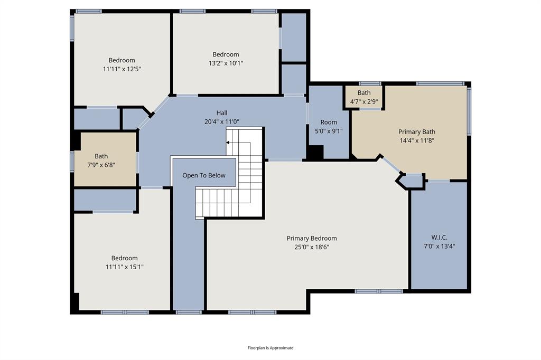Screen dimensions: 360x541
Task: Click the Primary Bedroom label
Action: [x=311, y=238]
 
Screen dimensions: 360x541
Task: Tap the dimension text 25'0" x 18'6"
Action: [x=311, y=247]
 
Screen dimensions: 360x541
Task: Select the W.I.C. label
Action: [x=439, y=238]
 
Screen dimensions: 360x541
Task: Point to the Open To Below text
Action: [x=204, y=175]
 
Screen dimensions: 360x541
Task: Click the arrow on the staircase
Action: [x=228, y=143]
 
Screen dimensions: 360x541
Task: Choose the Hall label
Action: [x=221, y=112]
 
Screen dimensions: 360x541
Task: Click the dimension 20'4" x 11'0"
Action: [x=221, y=121]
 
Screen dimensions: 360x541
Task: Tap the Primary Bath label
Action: [x=417, y=132]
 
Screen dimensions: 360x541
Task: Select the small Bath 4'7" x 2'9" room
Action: [x=364, y=97]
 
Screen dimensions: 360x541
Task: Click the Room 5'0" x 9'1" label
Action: [x=328, y=127]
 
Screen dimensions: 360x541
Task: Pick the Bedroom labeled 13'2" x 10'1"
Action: [x=226, y=59]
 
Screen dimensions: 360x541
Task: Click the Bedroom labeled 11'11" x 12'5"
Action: [x=122, y=64]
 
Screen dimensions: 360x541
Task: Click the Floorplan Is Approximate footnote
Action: [x=270, y=348]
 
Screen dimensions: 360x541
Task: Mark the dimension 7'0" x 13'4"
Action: [x=439, y=246]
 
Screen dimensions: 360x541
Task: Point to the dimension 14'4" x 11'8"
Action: [x=417, y=140]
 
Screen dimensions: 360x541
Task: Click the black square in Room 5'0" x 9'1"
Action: [x=316, y=153]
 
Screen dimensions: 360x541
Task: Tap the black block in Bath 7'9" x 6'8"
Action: [x=77, y=141]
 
